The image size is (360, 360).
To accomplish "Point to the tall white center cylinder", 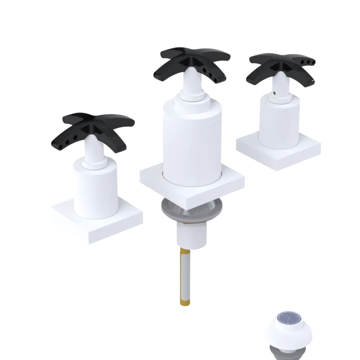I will pyautogui.click(x=191, y=140).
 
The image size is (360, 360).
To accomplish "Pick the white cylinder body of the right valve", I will pyautogui.click(x=279, y=122).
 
